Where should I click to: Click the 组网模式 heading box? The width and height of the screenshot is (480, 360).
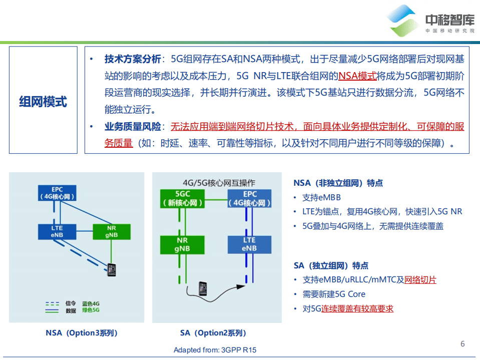tap(43, 100)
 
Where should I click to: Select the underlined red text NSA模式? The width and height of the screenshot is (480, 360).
tap(357, 76)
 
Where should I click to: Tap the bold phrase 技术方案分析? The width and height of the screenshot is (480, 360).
tap(133, 59)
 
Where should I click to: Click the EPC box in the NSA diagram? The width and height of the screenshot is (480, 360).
tap(57, 193)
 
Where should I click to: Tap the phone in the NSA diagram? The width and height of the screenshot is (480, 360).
tap(111, 269)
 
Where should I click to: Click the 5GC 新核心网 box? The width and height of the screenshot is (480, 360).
tap(182, 198)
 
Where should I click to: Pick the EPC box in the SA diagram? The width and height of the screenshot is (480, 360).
tap(250, 198)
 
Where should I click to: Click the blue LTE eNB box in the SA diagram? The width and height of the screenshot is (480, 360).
tap(249, 244)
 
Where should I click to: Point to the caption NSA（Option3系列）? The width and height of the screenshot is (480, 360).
tap(82, 333)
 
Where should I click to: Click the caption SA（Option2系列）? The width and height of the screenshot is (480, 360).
tap(213, 333)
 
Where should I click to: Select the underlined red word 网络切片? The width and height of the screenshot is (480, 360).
tap(420, 280)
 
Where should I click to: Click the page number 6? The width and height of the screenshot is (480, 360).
tap(462, 343)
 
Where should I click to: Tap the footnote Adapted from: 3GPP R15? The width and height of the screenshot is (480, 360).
tap(215, 350)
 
